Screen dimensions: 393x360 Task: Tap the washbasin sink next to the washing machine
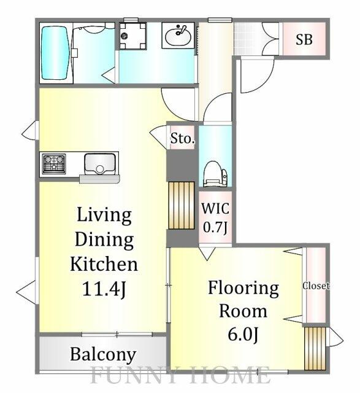[x=178, y=36]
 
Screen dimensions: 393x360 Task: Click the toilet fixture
[x=215, y=173]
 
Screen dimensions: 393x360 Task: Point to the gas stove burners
[x=54, y=164]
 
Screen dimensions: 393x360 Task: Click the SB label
[x=304, y=41]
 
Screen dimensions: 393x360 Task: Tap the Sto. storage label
[x=182, y=139]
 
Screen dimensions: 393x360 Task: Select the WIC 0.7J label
[x=215, y=217]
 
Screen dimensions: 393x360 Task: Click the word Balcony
[x=102, y=354]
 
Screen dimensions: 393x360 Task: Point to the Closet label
[x=316, y=286]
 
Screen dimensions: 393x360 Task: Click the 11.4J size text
[x=104, y=288]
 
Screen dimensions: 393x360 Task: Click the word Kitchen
[x=104, y=264]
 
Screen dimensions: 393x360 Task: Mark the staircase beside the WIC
[x=182, y=205]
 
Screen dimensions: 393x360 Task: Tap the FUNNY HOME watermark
[x=181, y=375]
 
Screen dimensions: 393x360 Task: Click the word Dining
[x=104, y=239]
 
